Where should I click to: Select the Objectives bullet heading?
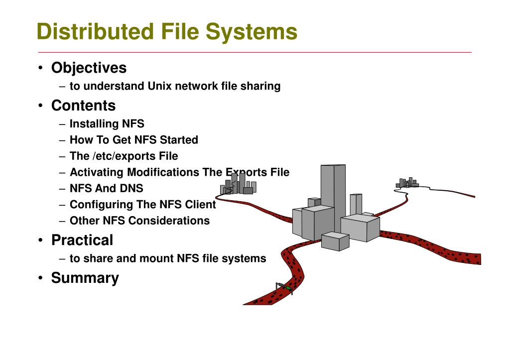point(89,68)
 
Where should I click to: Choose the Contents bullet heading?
point(83,106)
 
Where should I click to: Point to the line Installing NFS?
point(107,123)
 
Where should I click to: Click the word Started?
point(179,140)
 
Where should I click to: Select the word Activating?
point(97,172)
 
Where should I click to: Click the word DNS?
point(131,188)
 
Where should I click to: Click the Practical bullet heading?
point(82,240)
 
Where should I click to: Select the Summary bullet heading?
point(85,278)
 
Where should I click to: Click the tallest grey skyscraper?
point(333,197)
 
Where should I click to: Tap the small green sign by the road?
point(288,288)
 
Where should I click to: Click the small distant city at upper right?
point(407,183)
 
